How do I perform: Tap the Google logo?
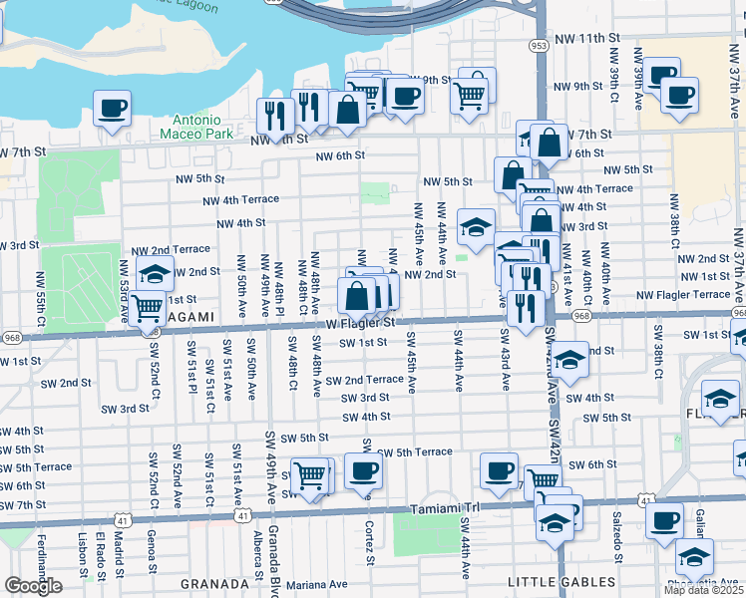(33, 586)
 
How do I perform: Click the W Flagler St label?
(361, 323)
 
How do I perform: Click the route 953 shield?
(540, 45)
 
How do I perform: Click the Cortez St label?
(369, 543)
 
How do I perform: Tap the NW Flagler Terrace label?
(683, 295)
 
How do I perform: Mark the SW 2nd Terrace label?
(363, 380)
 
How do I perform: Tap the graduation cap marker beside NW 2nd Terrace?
(155, 273)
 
